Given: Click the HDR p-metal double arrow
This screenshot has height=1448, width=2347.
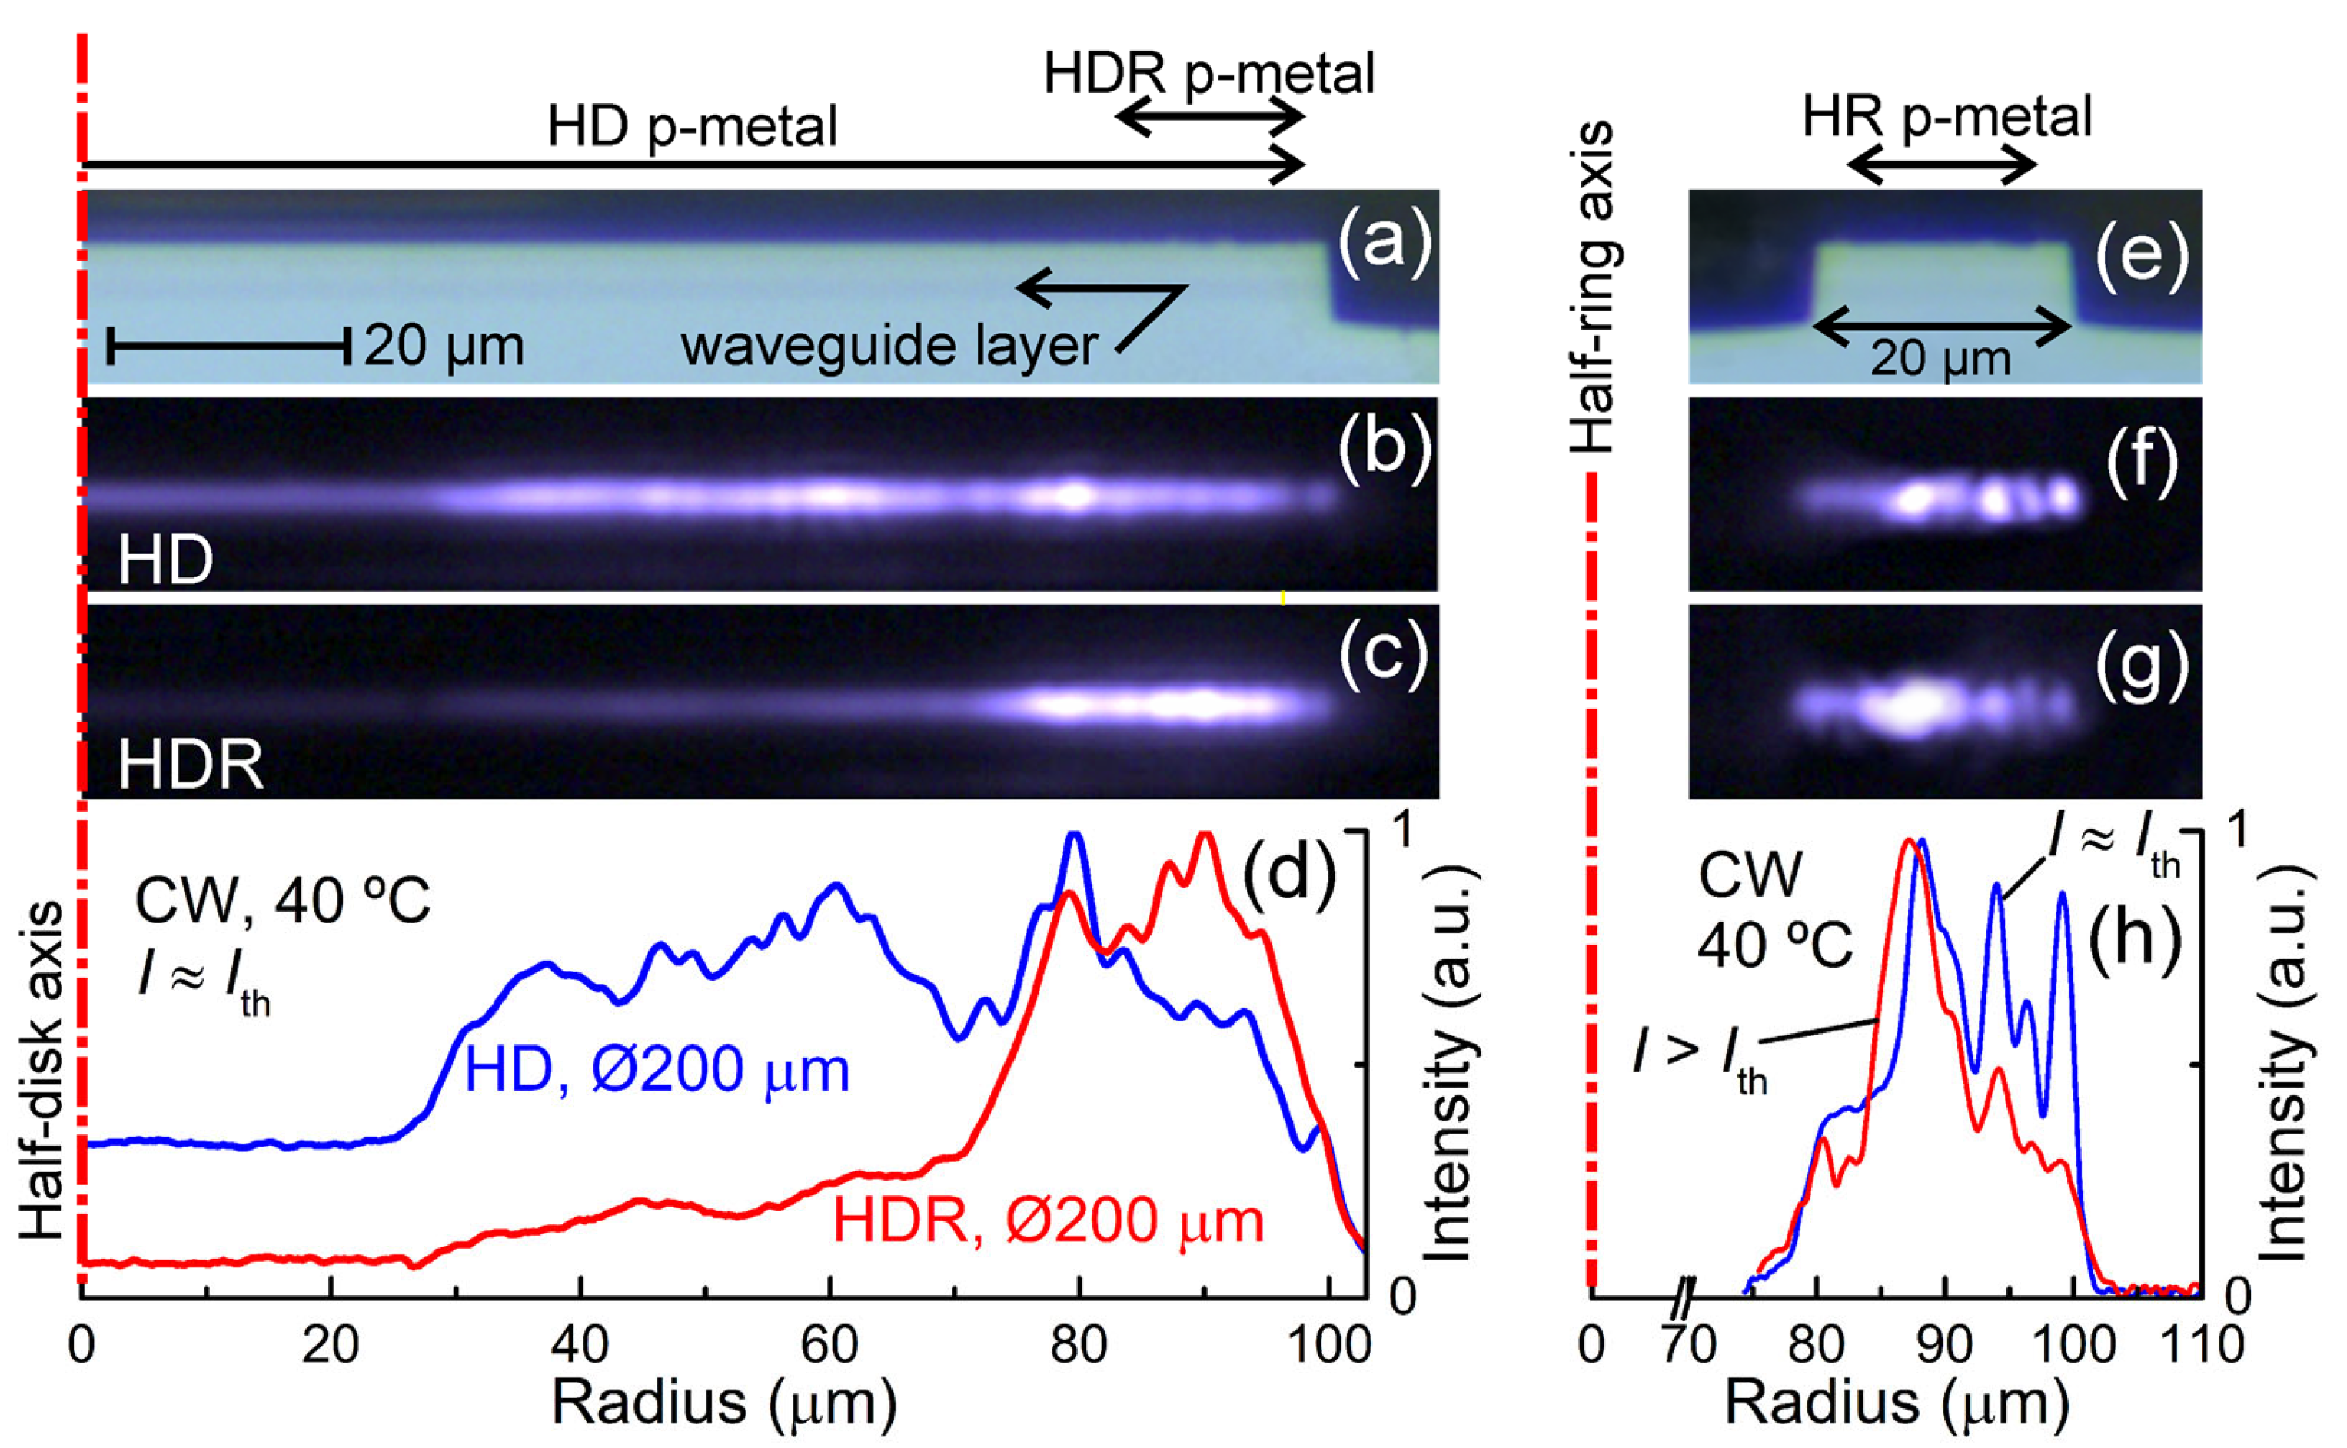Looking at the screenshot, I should click(x=1210, y=118).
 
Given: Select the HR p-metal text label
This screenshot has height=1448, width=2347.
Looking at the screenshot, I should click(x=1946, y=117).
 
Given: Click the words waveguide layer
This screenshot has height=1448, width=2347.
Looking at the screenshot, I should click(x=888, y=346).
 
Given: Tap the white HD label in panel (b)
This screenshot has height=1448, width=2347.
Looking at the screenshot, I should click(x=166, y=561).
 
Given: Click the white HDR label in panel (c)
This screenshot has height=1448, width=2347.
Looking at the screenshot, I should click(x=190, y=766).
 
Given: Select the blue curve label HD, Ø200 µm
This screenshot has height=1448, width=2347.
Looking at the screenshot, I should click(x=657, y=1070).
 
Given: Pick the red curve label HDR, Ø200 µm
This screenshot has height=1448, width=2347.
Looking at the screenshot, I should click(x=1048, y=1222).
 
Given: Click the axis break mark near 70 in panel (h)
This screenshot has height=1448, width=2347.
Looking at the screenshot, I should click(x=1688, y=1297).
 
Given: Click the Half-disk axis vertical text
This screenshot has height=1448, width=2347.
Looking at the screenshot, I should click(x=43, y=1070).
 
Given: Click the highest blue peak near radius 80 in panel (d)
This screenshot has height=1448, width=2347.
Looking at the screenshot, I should click(x=1075, y=836).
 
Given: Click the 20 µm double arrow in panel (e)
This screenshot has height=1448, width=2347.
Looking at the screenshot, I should click(x=1943, y=327).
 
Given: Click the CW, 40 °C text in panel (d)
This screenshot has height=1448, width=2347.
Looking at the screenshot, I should click(x=283, y=902).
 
